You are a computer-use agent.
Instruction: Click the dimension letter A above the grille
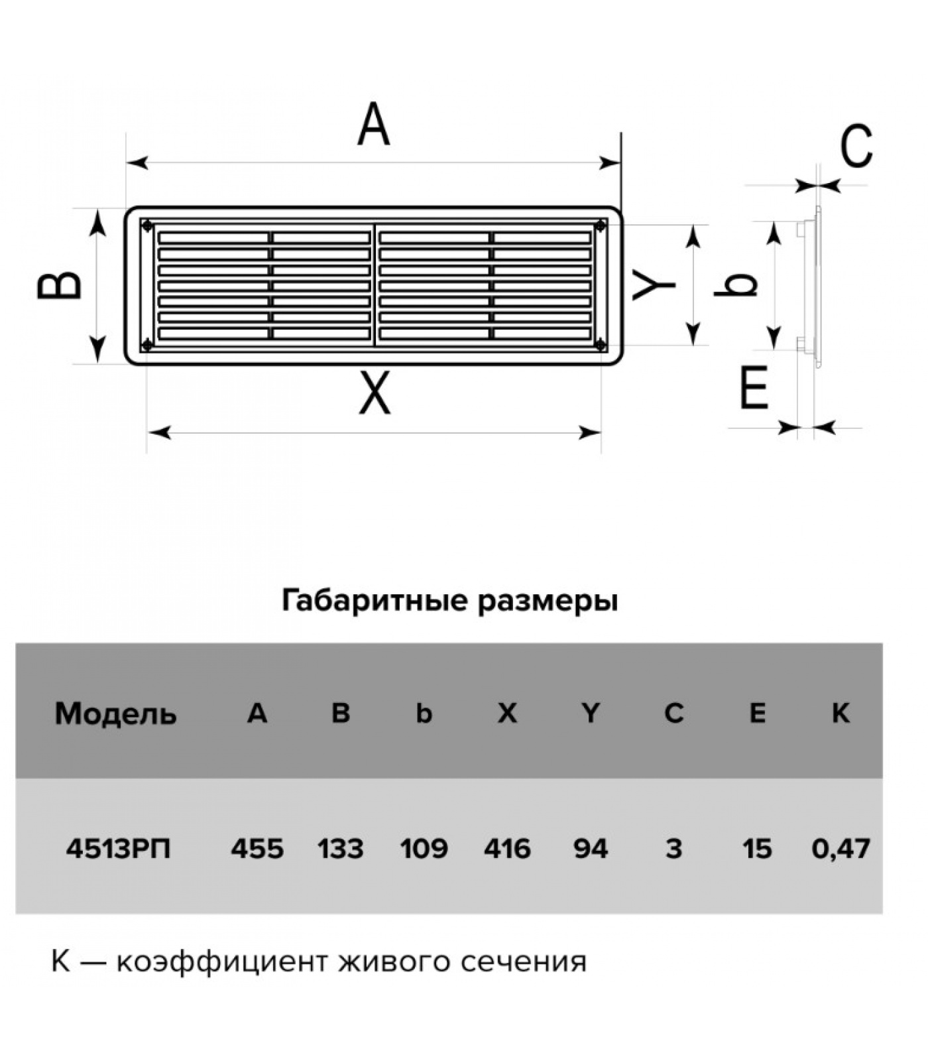[x=373, y=124]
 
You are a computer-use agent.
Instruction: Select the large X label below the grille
[x=375, y=393]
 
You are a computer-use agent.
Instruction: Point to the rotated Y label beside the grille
[x=653, y=285]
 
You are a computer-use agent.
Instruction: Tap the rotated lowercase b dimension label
[x=736, y=285]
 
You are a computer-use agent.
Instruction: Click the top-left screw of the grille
[x=147, y=225]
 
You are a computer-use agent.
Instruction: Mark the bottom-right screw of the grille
[x=601, y=344]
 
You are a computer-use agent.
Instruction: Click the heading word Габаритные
[x=374, y=601]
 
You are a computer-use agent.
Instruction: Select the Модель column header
[x=116, y=714]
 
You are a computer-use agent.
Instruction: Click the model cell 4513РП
[x=118, y=848]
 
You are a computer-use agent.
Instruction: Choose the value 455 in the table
[x=257, y=848]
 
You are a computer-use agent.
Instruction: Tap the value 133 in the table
[x=340, y=848]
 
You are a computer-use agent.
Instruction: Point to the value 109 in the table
[x=424, y=848]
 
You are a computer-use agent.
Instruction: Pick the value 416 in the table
[x=507, y=848]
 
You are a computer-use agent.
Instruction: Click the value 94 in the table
[x=590, y=848]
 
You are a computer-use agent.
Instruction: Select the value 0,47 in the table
[x=841, y=848]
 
